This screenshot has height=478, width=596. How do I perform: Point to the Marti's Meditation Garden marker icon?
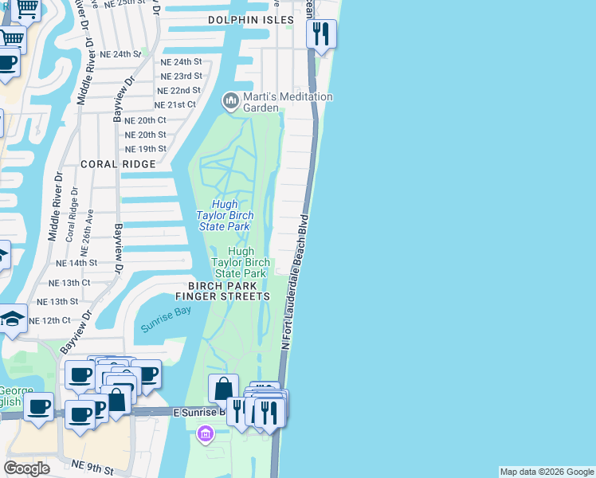pos(230,100)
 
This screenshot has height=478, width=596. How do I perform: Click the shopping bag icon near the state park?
pos(224,389)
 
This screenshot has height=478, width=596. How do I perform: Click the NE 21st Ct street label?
pos(175,105)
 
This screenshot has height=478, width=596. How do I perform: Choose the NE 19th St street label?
pos(146,149)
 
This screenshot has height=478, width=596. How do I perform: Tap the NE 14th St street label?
pos(76,262)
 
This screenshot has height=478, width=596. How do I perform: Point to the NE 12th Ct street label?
pos(50,320)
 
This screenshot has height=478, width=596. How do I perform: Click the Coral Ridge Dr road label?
pos(73,215)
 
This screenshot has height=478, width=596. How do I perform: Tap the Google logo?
pos(27,468)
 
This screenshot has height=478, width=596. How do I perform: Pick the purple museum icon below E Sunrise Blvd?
pos(206,434)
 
